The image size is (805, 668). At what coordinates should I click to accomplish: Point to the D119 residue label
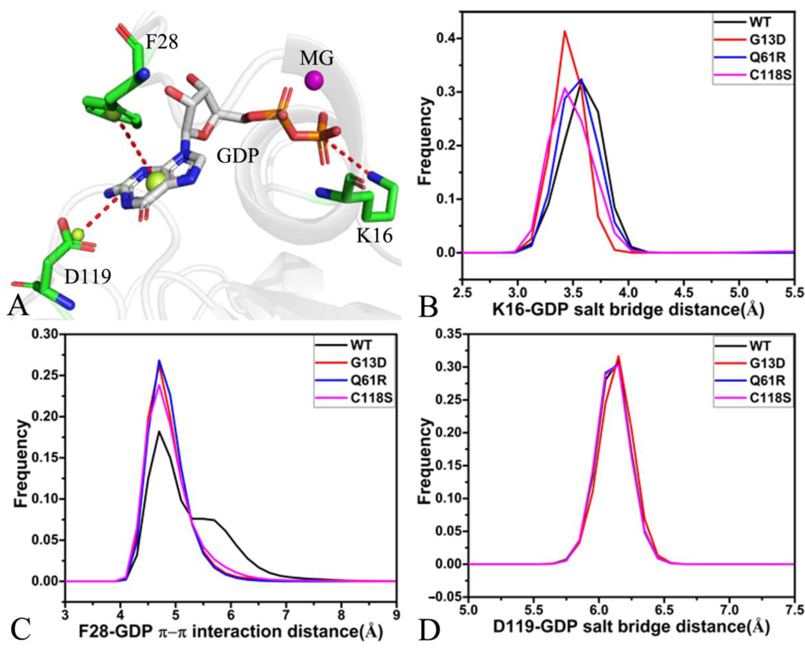coord(88,276)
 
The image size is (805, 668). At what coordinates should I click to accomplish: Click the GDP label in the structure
coord(238,155)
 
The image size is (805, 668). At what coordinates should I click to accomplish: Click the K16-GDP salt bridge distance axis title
coord(628,310)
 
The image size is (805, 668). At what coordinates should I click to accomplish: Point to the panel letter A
coord(18,306)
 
